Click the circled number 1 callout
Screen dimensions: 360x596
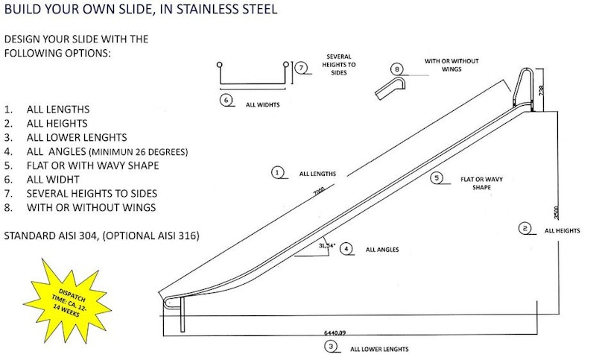pos(278,172)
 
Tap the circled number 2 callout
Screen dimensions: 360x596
pos(526,229)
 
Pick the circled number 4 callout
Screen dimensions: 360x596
pos(346,249)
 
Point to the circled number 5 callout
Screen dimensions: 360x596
pos(437,178)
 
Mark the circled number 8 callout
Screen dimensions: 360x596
pos(397,69)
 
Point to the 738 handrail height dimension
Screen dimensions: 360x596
pos(543,88)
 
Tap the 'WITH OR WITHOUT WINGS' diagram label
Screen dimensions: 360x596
pos(451,65)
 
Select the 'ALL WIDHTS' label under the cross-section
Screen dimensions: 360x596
pos(262,105)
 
